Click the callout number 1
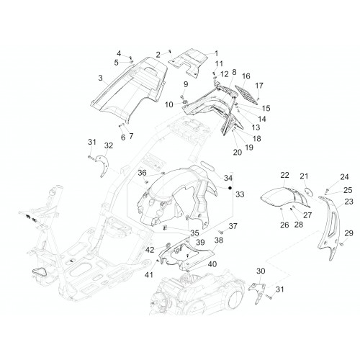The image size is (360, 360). (216, 53)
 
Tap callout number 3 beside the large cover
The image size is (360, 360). (100, 78)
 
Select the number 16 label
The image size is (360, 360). (246, 76)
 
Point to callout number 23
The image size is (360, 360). (348, 202)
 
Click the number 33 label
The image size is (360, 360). (240, 194)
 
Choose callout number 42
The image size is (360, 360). (150, 250)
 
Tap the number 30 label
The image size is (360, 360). (261, 271)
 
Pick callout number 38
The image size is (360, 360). (219, 240)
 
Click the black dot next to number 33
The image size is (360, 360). (230, 188)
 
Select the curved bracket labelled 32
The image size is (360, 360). (103, 166)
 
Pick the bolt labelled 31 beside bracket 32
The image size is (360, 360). (91, 157)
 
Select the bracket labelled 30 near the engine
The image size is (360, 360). (257, 292)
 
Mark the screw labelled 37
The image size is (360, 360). (221, 232)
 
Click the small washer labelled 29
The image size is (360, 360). (342, 244)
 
